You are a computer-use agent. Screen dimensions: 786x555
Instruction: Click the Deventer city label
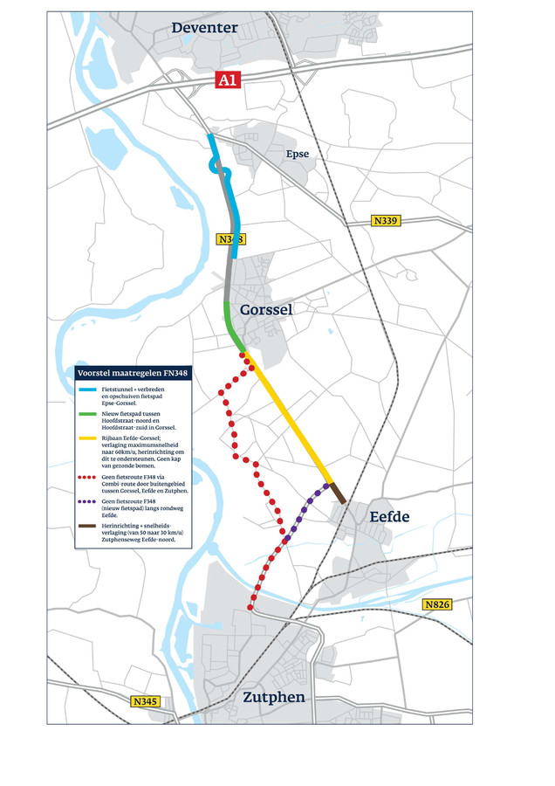204,28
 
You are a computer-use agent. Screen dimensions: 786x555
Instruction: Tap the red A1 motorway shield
228,80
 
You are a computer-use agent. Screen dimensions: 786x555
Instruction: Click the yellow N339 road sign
385,221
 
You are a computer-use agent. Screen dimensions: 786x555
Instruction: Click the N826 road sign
436,604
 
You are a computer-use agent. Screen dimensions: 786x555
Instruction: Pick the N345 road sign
146,701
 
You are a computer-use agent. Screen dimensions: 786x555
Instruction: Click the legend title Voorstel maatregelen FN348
133,372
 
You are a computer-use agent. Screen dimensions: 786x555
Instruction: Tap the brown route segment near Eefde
337,493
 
